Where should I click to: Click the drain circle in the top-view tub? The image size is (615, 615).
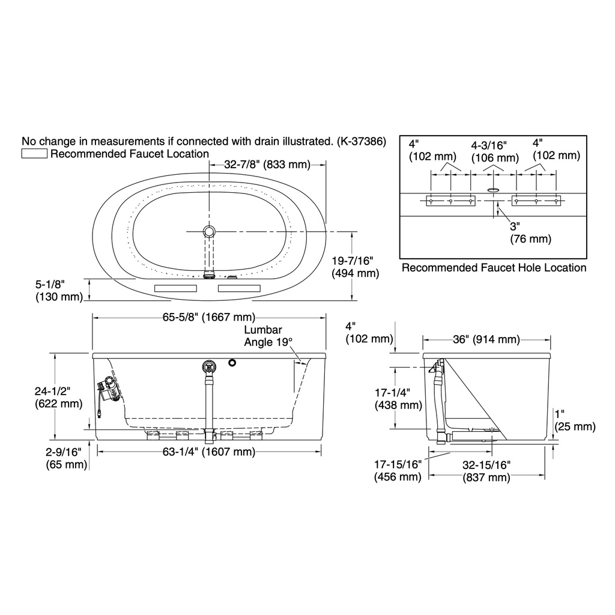[x=209, y=231]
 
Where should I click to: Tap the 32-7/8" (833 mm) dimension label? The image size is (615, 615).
[x=267, y=165]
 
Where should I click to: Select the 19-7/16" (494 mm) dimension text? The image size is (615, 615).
[x=356, y=267]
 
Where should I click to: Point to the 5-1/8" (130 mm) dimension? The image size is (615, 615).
[x=59, y=291]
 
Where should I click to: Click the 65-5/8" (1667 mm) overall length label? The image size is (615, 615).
[x=209, y=317]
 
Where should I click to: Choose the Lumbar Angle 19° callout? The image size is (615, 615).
[x=268, y=336]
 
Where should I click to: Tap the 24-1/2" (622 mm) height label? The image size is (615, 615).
[x=58, y=398]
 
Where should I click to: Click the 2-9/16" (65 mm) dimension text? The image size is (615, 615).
[x=66, y=458]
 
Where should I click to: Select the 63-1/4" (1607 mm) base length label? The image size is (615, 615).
[x=209, y=452]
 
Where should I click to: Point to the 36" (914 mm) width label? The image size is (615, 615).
[x=486, y=339]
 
